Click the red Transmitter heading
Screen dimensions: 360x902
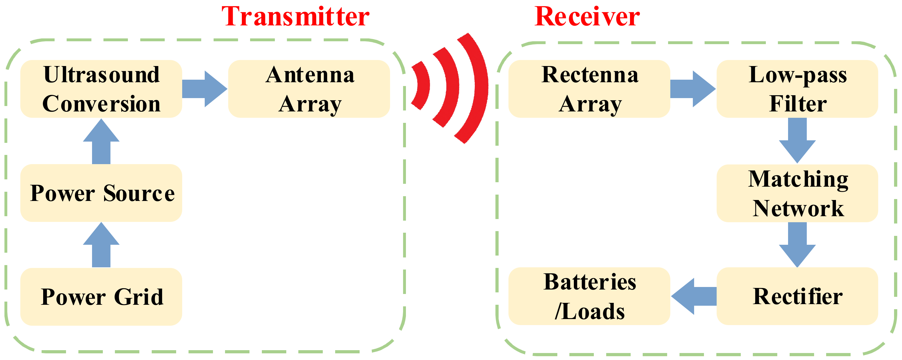point(295,17)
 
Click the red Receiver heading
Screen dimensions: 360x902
point(587,17)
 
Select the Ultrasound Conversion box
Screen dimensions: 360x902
point(101,89)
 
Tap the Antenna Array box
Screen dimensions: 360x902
point(309,89)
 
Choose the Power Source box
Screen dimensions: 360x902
point(101,193)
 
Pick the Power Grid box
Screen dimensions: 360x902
point(101,297)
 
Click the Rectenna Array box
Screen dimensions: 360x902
point(589,89)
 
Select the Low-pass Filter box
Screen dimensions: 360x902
point(797,89)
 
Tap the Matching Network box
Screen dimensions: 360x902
point(797,193)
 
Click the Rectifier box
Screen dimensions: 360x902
point(797,296)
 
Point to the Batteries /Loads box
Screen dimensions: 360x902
point(589,296)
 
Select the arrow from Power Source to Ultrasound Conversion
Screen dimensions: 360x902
point(101,142)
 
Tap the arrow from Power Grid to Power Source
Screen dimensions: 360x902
point(101,245)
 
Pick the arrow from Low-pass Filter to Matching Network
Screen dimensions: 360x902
point(797,140)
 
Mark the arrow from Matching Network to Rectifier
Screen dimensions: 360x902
point(797,244)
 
